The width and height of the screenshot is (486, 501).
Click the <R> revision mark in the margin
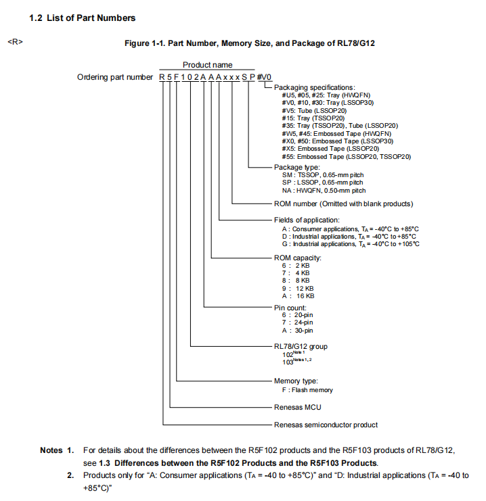14,43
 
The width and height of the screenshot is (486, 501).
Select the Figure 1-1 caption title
249,43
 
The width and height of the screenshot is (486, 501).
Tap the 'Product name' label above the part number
207,65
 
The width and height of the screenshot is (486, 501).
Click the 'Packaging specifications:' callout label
314,88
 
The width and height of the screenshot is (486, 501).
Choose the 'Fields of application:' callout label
307,220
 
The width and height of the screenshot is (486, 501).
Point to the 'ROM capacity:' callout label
297,258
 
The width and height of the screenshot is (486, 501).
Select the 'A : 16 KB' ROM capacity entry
298,295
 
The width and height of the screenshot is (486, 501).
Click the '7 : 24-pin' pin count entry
297,323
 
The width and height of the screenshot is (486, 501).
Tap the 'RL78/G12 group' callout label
301,347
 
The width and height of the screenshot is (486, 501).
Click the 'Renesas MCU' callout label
298,408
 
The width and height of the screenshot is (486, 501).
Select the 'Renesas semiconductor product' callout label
326,425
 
